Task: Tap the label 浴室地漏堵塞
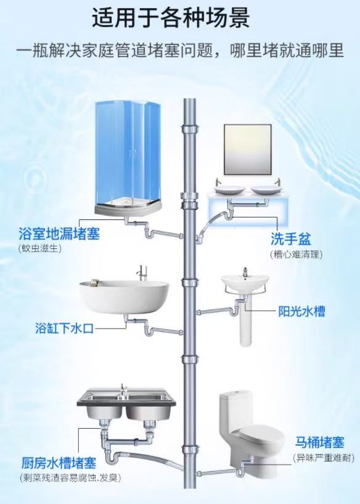(59, 234)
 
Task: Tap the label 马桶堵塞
(319, 442)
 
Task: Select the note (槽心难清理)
(296, 253)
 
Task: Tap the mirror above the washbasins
(247, 149)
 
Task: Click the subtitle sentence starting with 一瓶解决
(179, 50)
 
